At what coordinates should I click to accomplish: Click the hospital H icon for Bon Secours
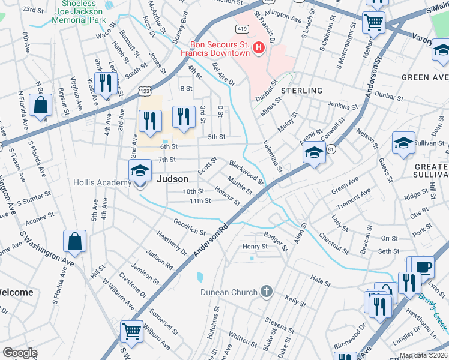[259, 47]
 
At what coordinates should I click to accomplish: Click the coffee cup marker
[423, 266]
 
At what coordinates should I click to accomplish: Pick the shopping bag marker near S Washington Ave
[74, 242]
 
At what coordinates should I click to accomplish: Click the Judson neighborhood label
[172, 179]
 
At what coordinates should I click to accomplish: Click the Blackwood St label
[246, 172]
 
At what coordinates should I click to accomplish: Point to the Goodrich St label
[190, 226]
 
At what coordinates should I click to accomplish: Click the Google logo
[20, 353]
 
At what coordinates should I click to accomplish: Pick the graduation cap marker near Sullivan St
[403, 143]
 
